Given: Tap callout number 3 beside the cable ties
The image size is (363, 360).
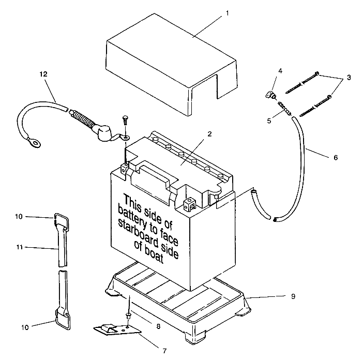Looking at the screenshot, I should [349, 77].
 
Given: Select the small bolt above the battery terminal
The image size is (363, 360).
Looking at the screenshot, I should [125, 119].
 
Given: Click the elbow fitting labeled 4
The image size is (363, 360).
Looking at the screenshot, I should [270, 95].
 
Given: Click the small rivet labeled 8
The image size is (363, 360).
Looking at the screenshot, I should [128, 315].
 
